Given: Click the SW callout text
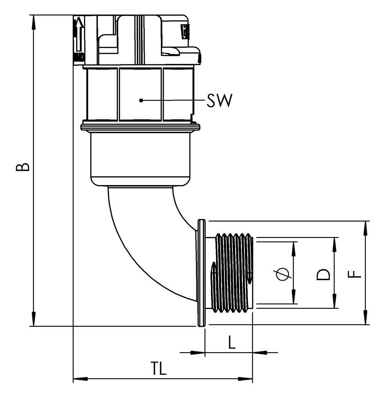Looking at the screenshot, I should pos(219,101).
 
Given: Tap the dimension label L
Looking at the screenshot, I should pos(231,342).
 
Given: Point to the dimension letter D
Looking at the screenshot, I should pos(323,274).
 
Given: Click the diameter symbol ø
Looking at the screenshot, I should pos(283,274).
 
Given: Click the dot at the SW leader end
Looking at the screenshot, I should pos(141,100).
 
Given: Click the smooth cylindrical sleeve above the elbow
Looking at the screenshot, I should pos(141,158).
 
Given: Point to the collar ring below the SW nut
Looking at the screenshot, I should pos(141,127).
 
